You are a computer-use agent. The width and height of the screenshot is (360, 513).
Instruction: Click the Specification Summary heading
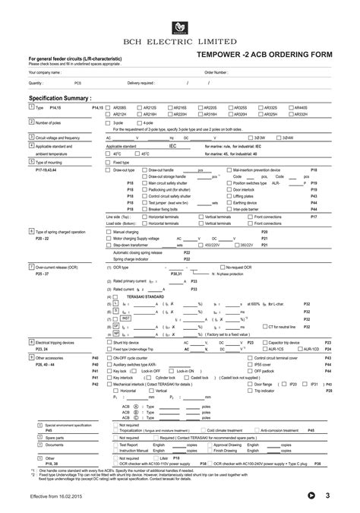tap(60, 99)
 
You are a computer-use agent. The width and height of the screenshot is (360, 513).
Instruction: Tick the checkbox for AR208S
tap(109, 108)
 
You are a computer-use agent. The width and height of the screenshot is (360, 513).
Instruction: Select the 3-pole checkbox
tap(109, 122)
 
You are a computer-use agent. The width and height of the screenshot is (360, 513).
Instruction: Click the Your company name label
tap(45, 72)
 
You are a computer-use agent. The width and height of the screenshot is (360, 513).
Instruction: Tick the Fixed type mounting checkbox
tap(109, 162)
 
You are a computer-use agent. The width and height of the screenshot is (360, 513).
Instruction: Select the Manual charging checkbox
tap(109, 231)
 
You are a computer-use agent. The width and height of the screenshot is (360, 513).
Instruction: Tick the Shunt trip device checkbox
tap(109, 343)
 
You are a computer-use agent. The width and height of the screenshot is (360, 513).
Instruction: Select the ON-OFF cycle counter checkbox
tap(109, 357)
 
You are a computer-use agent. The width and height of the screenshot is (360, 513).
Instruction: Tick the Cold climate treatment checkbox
tap(202, 430)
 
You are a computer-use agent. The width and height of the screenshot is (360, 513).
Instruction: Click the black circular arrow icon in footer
tap(311, 496)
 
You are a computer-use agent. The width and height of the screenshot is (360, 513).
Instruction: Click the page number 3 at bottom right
tap(328, 496)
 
